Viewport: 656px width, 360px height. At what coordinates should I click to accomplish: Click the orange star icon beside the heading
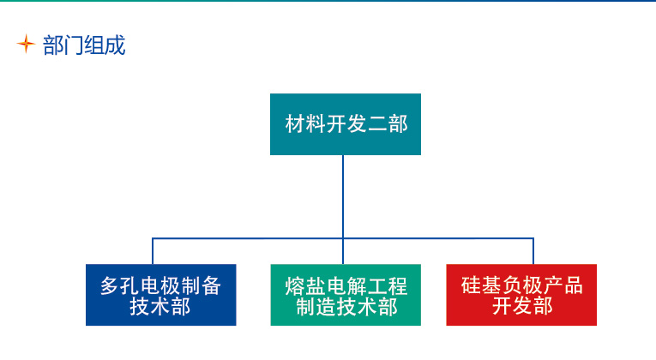[x=26, y=44]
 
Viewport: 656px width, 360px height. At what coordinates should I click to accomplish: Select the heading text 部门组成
[x=84, y=45]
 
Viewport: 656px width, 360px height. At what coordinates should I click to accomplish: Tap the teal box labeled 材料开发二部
[x=346, y=124]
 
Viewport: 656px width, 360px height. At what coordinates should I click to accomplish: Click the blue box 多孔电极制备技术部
[x=161, y=295]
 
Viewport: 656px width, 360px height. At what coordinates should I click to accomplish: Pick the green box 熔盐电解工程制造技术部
[x=346, y=295]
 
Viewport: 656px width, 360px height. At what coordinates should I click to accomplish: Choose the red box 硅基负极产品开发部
[x=521, y=295]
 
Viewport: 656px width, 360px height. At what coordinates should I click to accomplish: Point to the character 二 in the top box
[x=377, y=124]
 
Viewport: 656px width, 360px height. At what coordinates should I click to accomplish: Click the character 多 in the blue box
[x=110, y=286]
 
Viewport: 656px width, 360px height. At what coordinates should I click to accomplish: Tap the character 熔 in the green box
[x=295, y=286]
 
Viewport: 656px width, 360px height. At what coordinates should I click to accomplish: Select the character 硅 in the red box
[x=471, y=285]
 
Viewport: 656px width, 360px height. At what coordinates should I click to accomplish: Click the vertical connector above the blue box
[x=153, y=251]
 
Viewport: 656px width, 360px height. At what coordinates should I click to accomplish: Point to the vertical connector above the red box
[x=533, y=251]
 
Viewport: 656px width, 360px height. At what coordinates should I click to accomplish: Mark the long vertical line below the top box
[x=343, y=209]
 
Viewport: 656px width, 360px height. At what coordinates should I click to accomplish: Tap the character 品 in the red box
[x=573, y=285]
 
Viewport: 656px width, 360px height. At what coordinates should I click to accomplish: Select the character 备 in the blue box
[x=212, y=286]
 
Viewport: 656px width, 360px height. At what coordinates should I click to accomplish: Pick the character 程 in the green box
[x=397, y=286]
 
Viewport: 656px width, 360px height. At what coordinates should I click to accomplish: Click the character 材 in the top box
[x=295, y=124]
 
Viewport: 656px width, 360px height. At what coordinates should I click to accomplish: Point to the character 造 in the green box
[x=327, y=307]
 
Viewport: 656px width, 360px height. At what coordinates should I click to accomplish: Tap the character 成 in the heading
[x=116, y=45]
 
